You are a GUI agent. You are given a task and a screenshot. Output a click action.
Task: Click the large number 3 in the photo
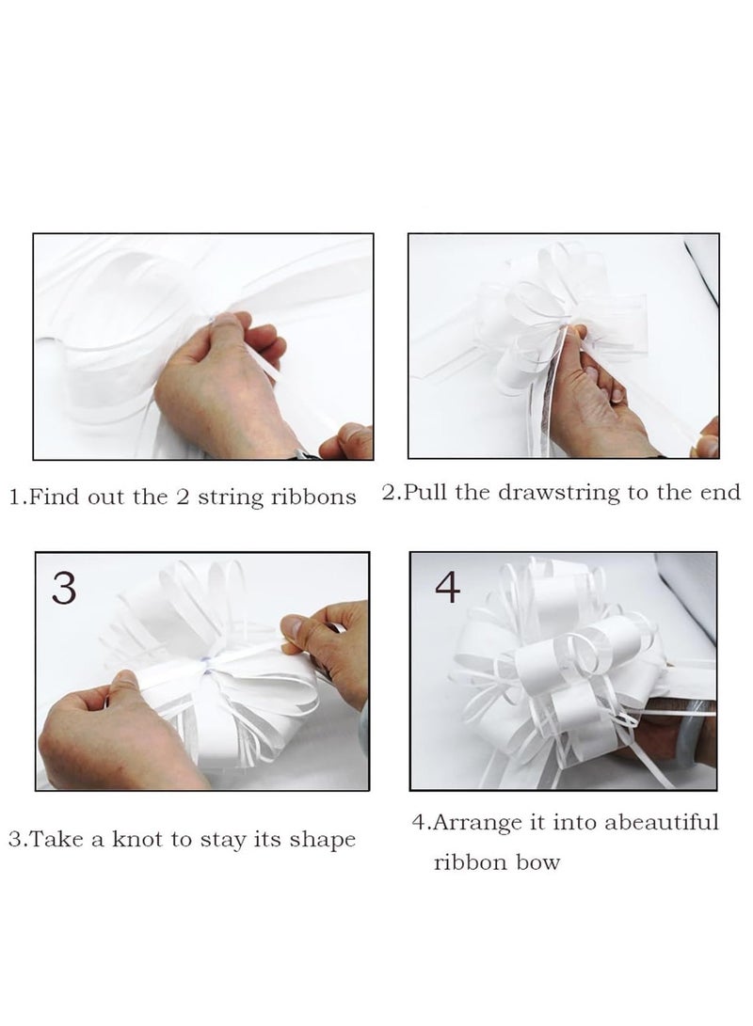(x=63, y=589)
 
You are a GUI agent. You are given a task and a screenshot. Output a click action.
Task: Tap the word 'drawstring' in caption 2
(x=558, y=493)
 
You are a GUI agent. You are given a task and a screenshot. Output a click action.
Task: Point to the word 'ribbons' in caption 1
(x=313, y=497)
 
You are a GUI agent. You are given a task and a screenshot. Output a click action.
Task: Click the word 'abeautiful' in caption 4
(x=662, y=822)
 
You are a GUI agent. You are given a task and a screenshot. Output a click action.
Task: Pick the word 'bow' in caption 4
(x=537, y=862)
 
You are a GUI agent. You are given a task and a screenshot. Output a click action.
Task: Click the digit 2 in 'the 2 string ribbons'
(x=183, y=497)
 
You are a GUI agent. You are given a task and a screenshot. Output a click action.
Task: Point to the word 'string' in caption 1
(x=230, y=497)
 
